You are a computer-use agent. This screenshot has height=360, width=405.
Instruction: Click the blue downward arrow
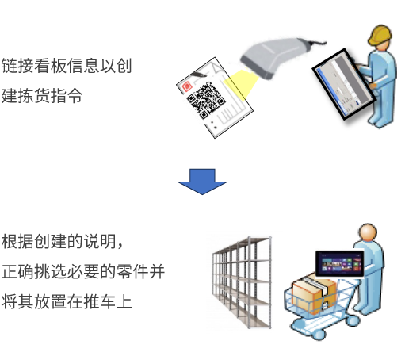202,182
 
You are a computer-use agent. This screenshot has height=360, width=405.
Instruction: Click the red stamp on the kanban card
187,86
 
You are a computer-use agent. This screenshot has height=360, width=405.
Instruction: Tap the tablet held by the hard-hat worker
343,84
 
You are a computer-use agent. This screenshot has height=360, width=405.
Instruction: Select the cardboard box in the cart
314,293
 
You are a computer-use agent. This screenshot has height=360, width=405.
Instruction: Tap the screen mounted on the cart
340,263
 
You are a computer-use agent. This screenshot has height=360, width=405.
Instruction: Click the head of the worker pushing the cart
368,232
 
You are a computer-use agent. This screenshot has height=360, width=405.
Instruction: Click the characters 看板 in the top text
51,66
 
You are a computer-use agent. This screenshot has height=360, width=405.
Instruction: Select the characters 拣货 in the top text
34,96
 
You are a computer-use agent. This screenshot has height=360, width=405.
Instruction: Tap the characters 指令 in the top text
67,96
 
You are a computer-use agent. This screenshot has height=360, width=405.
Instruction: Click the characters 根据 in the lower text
17,241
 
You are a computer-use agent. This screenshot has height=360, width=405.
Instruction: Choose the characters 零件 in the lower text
132,271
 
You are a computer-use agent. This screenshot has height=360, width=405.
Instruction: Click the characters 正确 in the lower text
17,271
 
